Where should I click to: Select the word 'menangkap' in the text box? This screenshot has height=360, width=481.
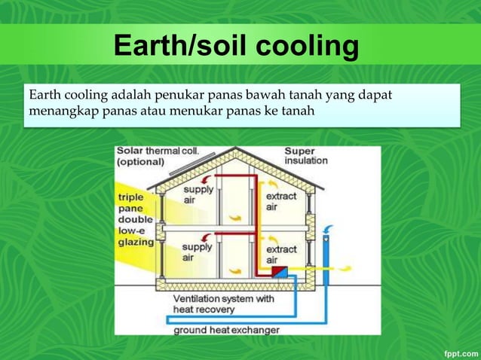point(58,112)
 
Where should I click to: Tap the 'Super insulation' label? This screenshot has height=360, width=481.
point(305,156)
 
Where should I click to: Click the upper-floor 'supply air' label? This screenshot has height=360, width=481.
point(197,194)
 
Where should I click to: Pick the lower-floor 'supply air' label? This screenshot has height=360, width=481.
point(197,252)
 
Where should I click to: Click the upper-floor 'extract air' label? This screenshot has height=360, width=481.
point(281,201)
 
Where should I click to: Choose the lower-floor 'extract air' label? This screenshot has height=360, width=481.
point(281,254)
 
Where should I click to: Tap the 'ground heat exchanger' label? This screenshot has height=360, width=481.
point(226,330)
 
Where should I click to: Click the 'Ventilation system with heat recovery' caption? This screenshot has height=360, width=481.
point(224,304)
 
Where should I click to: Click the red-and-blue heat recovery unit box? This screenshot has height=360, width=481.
point(279,270)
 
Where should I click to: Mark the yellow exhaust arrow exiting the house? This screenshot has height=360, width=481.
point(343,267)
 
